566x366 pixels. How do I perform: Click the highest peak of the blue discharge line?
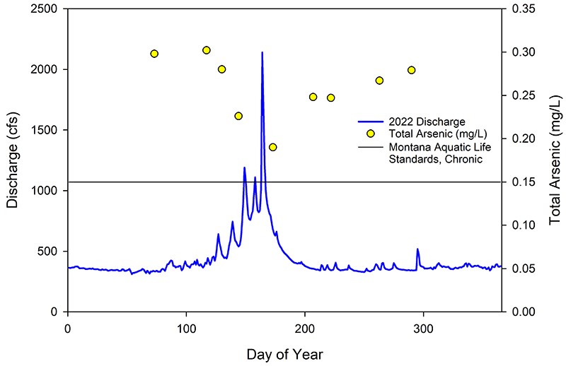[x=262, y=52]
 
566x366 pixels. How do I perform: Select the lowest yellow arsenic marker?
[x=273, y=147]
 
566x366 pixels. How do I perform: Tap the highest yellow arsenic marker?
[x=207, y=50]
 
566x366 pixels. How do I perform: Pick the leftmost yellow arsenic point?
[x=154, y=54]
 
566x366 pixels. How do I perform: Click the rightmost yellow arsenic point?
[x=412, y=70]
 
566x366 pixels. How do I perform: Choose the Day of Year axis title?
[x=284, y=351]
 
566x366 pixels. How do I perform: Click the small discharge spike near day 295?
[x=417, y=249]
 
